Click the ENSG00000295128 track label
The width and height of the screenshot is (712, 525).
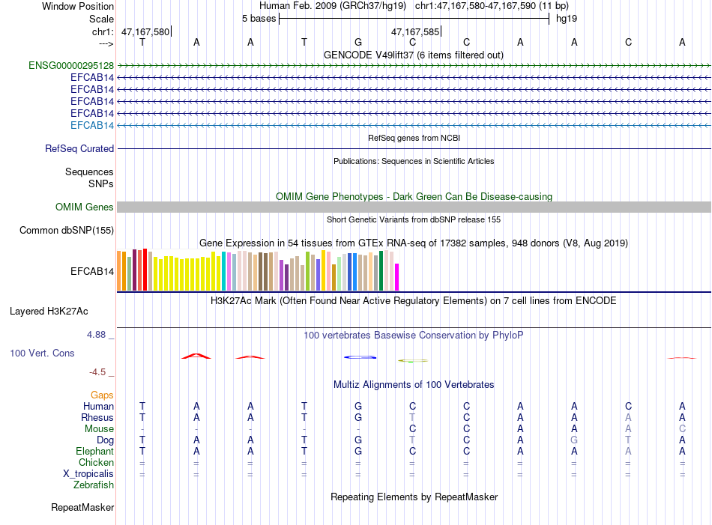click(71, 65)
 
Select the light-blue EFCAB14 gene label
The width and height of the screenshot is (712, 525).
click(92, 125)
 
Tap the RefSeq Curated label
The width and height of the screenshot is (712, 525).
click(79, 149)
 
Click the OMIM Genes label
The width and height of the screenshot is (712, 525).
click(85, 207)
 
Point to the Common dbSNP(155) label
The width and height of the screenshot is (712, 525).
click(67, 231)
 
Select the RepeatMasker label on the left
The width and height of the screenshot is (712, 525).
click(82, 508)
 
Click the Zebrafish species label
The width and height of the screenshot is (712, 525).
click(94, 485)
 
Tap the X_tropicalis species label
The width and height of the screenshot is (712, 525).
click(88, 474)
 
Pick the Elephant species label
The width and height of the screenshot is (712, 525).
click(94, 452)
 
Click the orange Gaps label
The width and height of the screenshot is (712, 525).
click(102, 395)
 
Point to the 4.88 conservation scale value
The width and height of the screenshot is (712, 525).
click(97, 335)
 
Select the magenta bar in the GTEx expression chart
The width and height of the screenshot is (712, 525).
click(397, 276)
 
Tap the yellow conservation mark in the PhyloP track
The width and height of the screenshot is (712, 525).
click(412, 360)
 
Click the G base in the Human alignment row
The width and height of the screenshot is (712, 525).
click(358, 406)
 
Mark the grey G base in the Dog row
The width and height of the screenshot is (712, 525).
click(574, 440)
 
